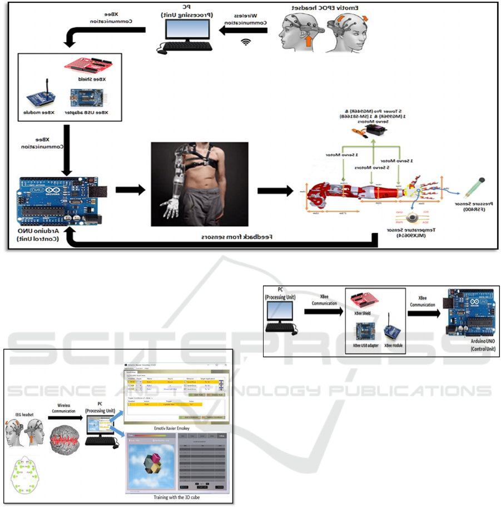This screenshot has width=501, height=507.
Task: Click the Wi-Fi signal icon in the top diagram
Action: tap(246, 41)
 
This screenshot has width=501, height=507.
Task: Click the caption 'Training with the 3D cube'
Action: tap(177, 498)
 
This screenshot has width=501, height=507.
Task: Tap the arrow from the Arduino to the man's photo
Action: tap(130, 191)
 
